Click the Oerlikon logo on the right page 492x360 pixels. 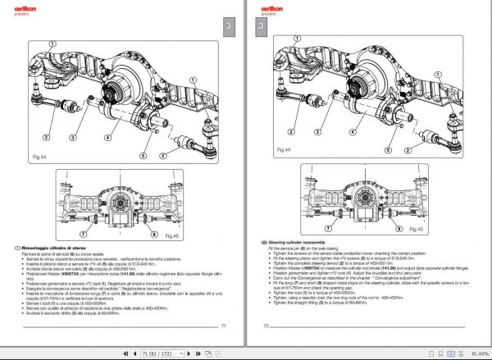tap(271, 9)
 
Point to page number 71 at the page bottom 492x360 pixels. tap(224, 326)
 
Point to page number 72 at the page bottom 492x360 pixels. tap(266, 326)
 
